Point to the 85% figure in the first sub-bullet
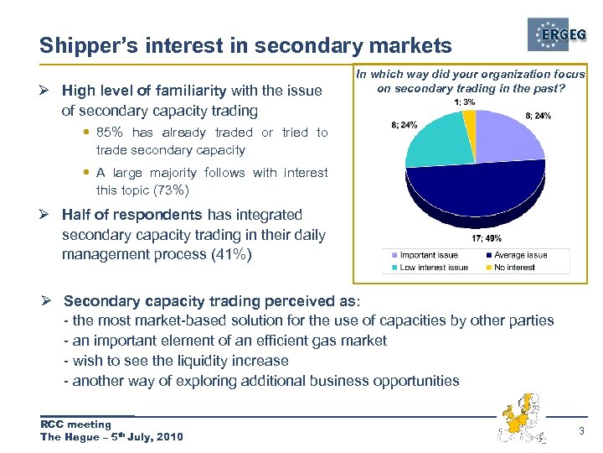(110, 133)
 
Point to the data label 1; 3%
(465, 102)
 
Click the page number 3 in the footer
(581, 430)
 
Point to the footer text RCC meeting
(75, 424)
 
